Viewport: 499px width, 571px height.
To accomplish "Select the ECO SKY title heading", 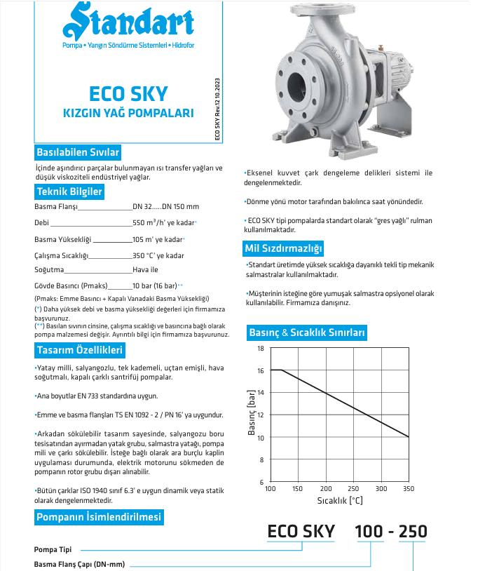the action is coord(128,94).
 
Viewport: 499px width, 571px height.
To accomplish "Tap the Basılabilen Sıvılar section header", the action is coord(78,152).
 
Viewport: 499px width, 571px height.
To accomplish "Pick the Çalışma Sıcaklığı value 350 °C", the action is coord(158,256).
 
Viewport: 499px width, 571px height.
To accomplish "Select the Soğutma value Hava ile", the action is coord(146,269).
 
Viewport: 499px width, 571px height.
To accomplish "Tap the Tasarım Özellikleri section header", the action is coord(79,350).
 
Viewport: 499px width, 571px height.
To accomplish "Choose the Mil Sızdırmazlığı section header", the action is coord(283,248).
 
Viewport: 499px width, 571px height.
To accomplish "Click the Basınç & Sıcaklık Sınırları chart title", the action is coord(307,332).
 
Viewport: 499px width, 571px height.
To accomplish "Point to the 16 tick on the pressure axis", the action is coord(261,370).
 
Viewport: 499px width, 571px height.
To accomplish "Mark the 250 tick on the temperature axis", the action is coord(353,488).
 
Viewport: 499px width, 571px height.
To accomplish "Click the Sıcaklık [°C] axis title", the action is coord(340,501).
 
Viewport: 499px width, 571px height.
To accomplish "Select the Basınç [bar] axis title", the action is coord(252,415).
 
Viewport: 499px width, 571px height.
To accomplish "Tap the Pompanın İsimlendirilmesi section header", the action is coord(99,517).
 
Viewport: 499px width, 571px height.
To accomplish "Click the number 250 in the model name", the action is coord(412,532).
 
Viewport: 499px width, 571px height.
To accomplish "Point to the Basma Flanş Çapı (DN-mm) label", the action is coord(79,564).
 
